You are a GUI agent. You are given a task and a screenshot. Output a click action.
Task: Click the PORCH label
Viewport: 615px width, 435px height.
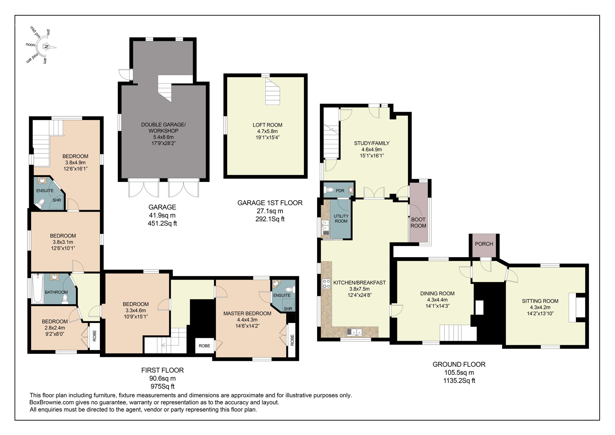click(x=484, y=244)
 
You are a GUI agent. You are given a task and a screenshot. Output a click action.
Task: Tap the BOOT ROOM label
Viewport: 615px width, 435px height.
click(x=418, y=222)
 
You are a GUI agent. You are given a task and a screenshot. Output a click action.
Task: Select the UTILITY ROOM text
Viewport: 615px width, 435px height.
click(x=341, y=218)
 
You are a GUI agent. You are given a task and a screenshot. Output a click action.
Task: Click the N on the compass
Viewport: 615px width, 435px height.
click(x=46, y=47)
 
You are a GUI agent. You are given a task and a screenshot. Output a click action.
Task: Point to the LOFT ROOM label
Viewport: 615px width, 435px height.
click(x=267, y=125)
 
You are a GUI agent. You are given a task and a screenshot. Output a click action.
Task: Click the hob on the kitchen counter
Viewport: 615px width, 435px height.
click(x=326, y=284)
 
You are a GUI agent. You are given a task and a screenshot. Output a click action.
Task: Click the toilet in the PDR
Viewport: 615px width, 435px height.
click(x=330, y=190)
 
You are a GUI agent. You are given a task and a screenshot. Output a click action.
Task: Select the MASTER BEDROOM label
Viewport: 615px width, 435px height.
click(x=247, y=313)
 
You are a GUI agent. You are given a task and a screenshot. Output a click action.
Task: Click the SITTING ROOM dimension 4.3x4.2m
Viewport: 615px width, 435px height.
click(x=540, y=307)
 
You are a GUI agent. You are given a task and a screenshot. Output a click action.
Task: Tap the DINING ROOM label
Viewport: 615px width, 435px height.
click(x=437, y=293)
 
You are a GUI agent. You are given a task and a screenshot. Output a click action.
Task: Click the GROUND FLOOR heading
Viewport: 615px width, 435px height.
click(x=459, y=365)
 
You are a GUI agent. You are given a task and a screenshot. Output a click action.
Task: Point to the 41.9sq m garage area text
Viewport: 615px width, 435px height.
click(x=162, y=215)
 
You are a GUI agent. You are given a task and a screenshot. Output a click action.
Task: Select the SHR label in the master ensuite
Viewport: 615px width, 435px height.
click(x=288, y=309)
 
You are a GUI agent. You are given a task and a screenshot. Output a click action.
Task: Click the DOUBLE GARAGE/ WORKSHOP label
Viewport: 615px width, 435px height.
click(x=163, y=128)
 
